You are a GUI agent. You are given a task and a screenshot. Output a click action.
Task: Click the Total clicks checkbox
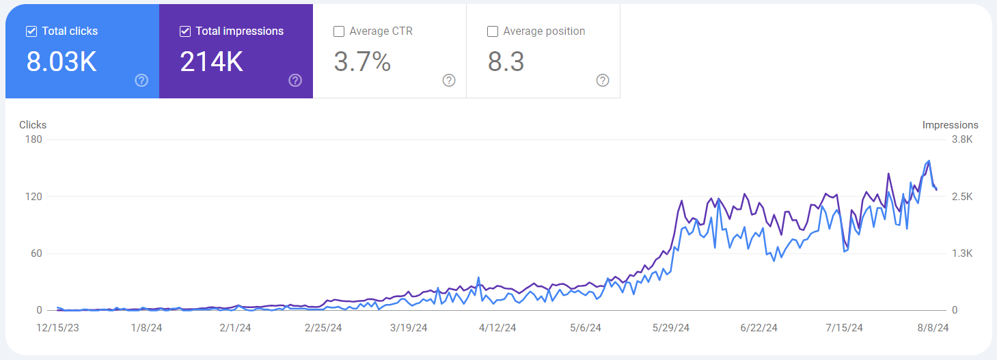point(31,31)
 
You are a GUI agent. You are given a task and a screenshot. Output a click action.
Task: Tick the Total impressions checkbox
point(185,31)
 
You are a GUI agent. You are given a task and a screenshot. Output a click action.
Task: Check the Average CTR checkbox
point(339,31)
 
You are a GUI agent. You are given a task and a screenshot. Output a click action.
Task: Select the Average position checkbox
point(493,31)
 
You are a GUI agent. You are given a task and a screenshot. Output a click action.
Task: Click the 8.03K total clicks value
point(62,62)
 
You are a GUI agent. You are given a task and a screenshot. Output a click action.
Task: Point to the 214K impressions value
point(211,62)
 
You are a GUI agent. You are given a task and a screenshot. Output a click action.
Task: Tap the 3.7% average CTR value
point(362,62)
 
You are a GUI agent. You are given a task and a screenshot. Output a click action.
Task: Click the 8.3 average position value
point(506,62)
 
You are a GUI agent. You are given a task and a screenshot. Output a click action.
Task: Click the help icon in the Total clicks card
point(141,81)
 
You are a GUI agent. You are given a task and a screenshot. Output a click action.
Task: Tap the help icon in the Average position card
point(603,81)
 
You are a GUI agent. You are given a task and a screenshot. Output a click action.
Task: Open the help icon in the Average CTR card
point(449,81)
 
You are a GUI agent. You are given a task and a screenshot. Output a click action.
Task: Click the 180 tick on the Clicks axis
point(33,139)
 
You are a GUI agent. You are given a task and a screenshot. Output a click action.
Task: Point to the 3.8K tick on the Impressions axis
point(961,139)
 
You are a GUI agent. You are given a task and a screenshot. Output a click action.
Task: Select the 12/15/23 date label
point(57,328)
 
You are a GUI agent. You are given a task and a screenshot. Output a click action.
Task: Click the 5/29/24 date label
point(671,328)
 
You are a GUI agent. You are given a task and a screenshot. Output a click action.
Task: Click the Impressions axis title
point(950,125)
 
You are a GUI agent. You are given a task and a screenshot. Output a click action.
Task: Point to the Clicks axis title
point(33,125)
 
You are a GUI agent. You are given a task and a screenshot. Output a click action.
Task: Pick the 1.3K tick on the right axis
point(961,253)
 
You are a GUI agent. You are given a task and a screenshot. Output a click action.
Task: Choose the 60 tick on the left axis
point(36,253)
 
